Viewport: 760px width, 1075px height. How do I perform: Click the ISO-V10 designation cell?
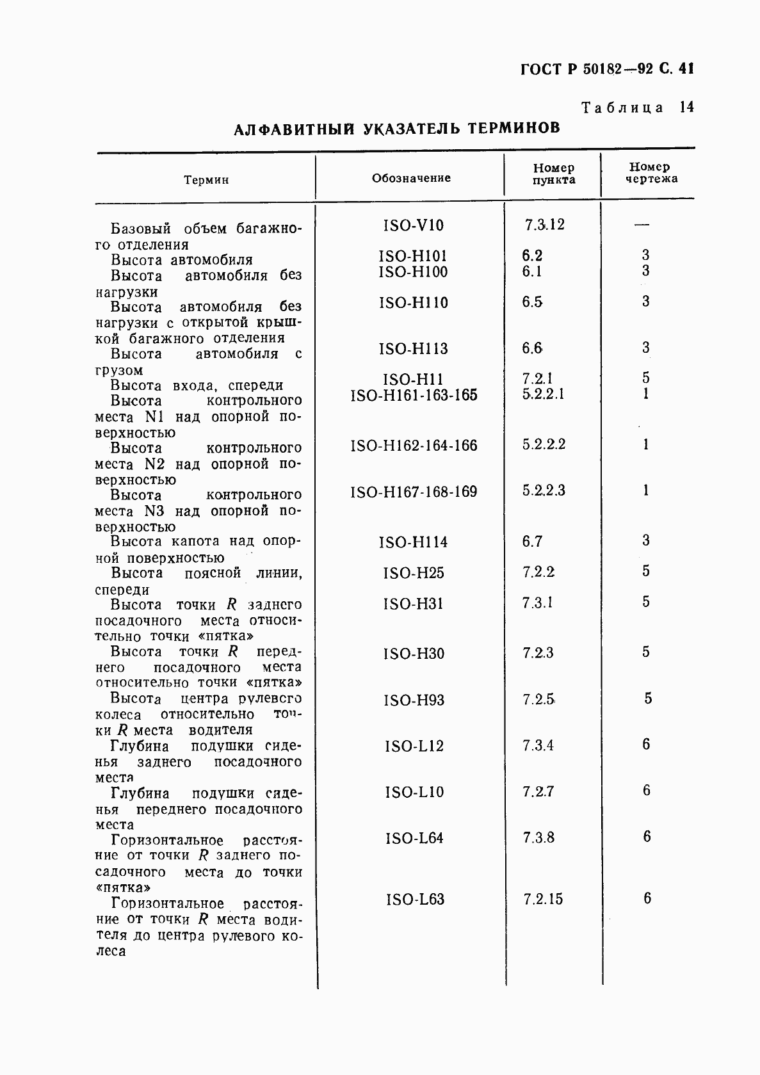(413, 225)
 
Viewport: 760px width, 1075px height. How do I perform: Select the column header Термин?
(206, 180)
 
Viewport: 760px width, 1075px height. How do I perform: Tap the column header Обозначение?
(411, 178)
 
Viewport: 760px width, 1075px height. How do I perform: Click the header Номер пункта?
(554, 174)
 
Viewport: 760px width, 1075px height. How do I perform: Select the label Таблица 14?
(637, 108)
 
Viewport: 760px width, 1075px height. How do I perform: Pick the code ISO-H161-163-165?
(414, 395)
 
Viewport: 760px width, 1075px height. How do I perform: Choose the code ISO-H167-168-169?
(414, 492)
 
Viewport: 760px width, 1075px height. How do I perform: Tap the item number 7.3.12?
(545, 225)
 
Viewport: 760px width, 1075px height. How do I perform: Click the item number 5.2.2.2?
(544, 444)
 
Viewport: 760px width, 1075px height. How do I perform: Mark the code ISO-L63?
(415, 900)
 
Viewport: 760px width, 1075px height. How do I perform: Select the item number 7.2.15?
(543, 899)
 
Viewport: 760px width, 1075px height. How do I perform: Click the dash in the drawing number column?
(642, 225)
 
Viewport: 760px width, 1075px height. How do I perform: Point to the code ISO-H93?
(414, 700)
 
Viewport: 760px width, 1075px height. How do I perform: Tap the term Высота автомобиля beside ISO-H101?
(181, 260)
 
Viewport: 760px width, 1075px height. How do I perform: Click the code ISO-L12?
(414, 746)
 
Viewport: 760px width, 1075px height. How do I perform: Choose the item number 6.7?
(532, 542)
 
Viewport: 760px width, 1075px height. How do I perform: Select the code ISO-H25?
(414, 572)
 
